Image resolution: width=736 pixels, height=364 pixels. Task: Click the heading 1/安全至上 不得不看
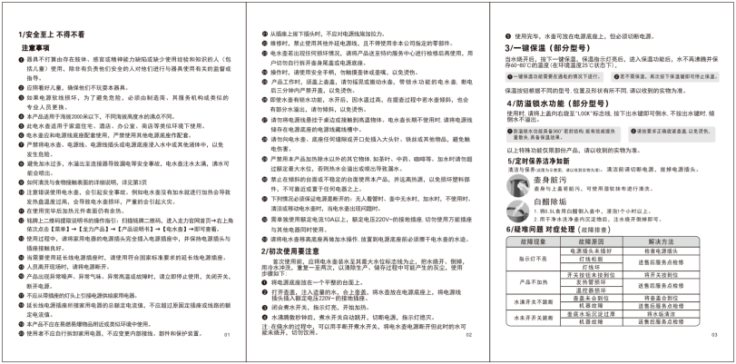point(54,34)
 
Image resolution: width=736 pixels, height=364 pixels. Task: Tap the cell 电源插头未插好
point(591,251)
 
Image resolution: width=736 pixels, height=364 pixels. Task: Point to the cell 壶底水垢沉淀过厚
point(591,314)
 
